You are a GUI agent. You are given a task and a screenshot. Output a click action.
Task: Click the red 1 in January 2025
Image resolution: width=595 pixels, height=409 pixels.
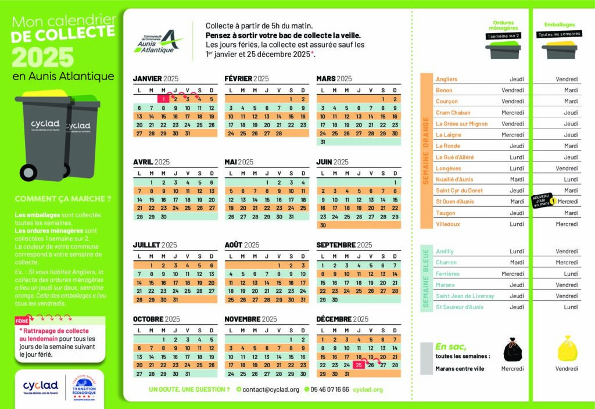[x=164, y=99]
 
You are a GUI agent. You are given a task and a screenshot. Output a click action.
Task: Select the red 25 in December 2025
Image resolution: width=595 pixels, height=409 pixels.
[x=359, y=365]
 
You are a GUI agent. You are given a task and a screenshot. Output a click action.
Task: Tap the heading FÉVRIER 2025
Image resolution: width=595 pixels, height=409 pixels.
[x=246, y=78]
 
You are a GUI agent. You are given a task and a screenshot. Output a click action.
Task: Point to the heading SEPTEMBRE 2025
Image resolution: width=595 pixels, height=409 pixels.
[x=343, y=245]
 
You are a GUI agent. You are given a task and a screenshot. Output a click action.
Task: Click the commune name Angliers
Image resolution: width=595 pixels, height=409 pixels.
[x=446, y=79]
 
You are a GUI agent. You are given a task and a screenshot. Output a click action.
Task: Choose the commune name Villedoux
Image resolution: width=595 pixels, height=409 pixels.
[x=447, y=224]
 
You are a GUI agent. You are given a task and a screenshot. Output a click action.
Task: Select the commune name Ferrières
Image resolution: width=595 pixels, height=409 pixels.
[x=447, y=274]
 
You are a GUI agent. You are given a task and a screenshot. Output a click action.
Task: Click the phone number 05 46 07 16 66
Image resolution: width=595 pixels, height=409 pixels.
[x=329, y=389]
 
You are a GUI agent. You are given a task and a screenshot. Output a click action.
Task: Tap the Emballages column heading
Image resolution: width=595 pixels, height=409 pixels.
[x=560, y=25]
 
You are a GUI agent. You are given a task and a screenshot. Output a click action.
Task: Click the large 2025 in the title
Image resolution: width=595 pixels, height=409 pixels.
[x=43, y=57]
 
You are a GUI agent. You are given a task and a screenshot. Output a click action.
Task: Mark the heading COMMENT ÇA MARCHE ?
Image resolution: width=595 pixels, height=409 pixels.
[x=63, y=198]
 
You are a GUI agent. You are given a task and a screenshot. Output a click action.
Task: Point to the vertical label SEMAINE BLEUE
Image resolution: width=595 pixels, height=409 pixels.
[x=426, y=279]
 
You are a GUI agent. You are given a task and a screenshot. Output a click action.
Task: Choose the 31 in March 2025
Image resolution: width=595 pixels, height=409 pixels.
[x=322, y=141]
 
